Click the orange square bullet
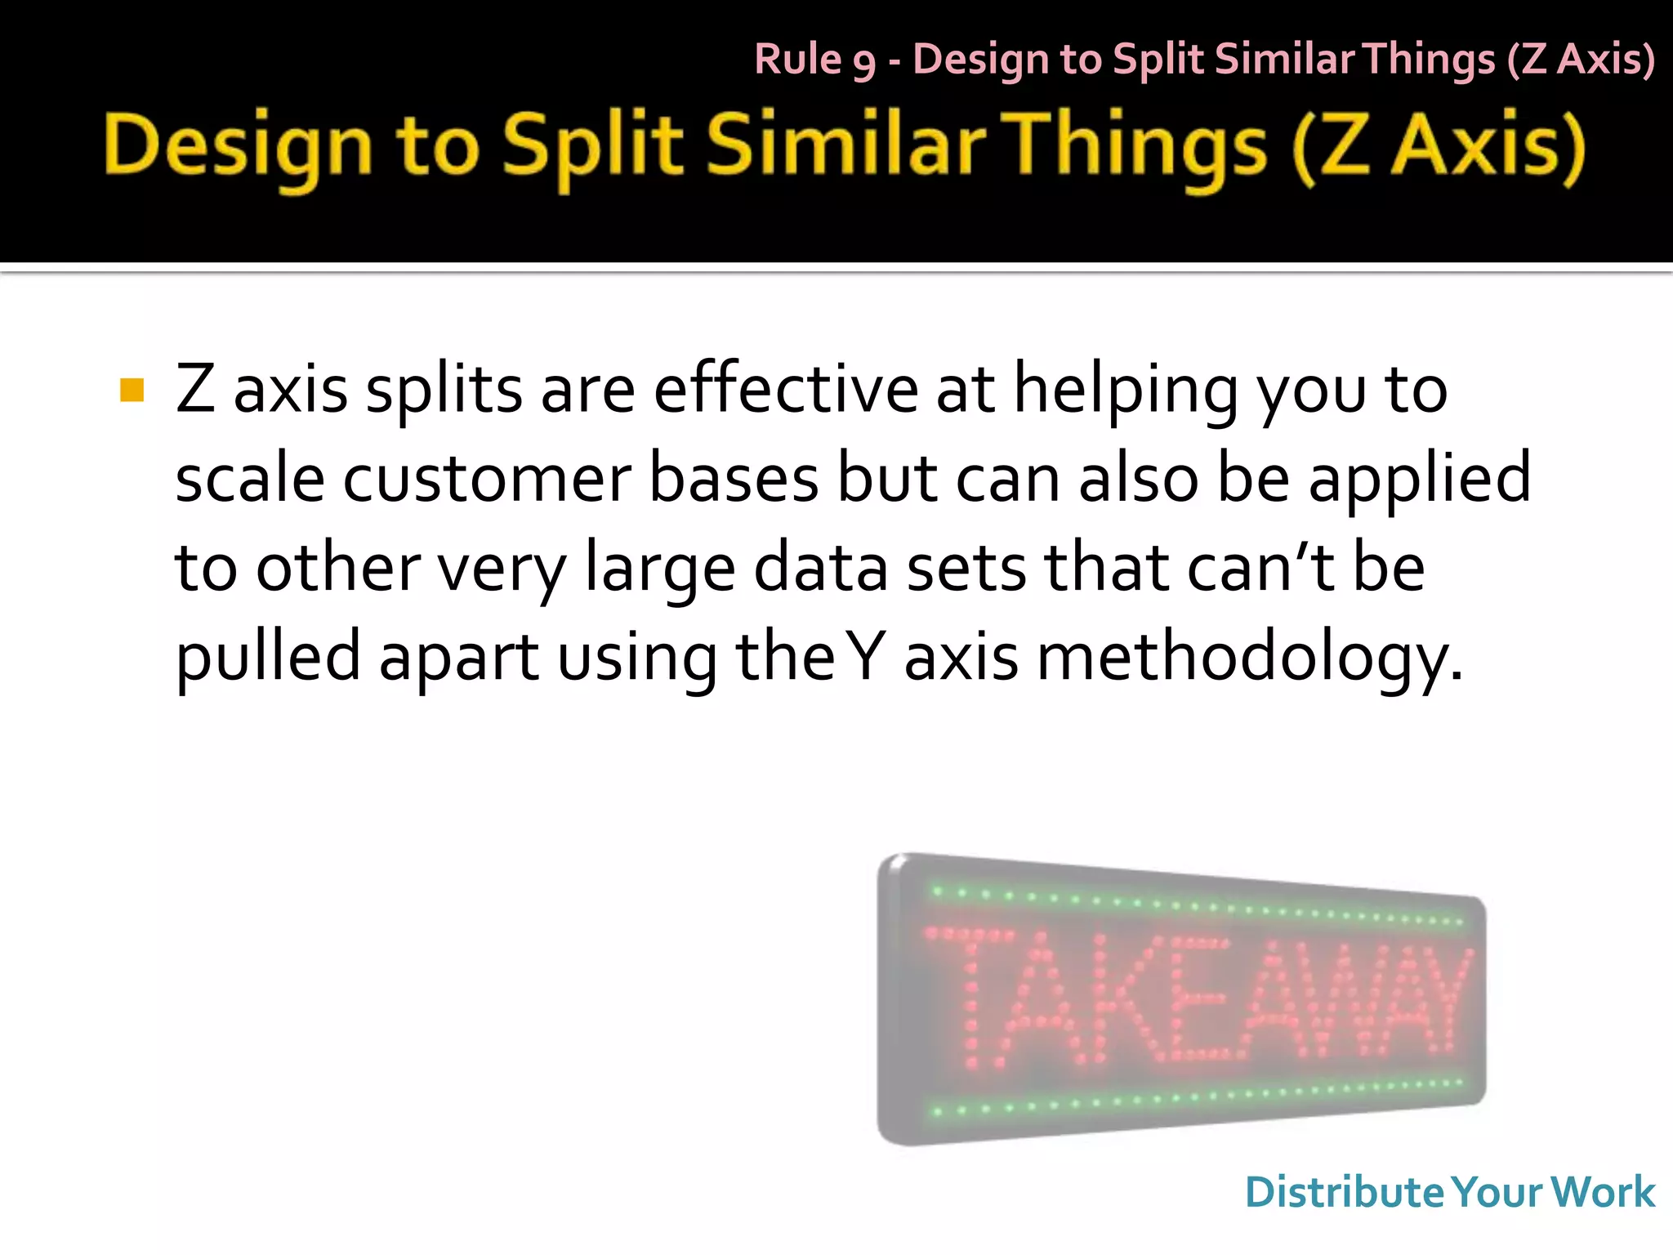[132, 391]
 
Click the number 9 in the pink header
[864, 63]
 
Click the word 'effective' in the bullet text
[785, 390]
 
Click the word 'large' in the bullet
[660, 570]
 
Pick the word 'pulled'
[268, 657]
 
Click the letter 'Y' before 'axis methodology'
[867, 657]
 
